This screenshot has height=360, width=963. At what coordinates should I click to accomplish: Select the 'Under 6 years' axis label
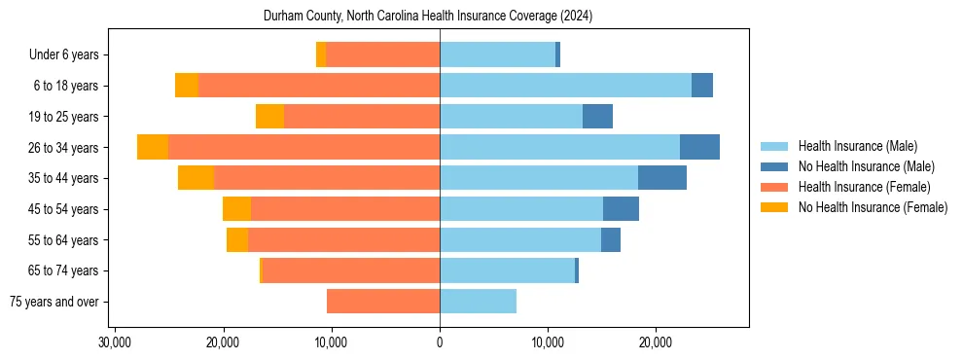pyautogui.click(x=69, y=54)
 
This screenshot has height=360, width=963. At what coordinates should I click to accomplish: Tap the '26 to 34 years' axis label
pyautogui.click(x=64, y=148)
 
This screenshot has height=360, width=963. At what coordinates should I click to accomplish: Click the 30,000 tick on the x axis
pyautogui.click(x=115, y=342)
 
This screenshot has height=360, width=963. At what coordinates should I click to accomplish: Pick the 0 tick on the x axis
pyautogui.click(x=440, y=342)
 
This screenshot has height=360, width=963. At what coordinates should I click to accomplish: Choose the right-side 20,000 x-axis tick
pyautogui.click(x=656, y=342)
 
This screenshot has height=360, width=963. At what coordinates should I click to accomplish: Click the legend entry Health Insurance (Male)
pyautogui.click(x=857, y=146)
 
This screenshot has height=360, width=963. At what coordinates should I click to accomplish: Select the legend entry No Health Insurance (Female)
pyautogui.click(x=873, y=207)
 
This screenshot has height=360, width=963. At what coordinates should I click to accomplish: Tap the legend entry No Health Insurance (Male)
pyautogui.click(x=866, y=166)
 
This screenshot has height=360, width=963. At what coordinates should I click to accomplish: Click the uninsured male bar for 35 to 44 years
pyautogui.click(x=662, y=178)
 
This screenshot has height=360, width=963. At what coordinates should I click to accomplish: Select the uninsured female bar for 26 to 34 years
pyautogui.click(x=153, y=147)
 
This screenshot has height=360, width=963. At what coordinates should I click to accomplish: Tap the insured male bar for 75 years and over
pyautogui.click(x=478, y=302)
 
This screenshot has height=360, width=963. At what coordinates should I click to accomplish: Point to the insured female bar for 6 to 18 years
pyautogui.click(x=319, y=86)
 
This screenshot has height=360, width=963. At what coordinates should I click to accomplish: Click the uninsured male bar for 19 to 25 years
pyautogui.click(x=597, y=117)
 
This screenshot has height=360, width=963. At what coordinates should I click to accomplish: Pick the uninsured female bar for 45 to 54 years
pyautogui.click(x=236, y=209)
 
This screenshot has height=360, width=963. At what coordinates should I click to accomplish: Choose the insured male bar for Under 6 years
pyautogui.click(x=497, y=54)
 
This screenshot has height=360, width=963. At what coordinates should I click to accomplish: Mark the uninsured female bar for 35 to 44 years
pyautogui.click(x=196, y=178)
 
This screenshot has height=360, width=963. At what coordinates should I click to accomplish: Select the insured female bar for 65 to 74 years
pyautogui.click(x=351, y=270)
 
